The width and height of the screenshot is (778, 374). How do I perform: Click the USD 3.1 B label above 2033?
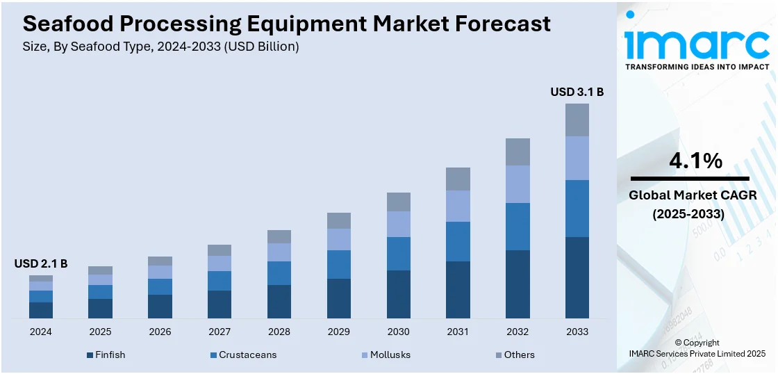[577, 92]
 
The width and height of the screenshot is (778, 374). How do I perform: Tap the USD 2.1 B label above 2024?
[41, 264]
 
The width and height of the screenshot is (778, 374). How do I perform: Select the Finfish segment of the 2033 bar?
[577, 277]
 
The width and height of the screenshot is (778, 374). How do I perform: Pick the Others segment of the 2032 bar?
[518, 152]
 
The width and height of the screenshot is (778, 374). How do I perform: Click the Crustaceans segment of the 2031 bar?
[458, 241]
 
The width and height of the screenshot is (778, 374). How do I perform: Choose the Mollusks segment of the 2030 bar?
[398, 224]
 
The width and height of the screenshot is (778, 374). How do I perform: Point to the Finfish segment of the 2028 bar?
[279, 301]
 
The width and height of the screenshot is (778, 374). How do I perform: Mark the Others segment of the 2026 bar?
[160, 261]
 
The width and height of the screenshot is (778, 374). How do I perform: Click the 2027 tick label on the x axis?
[220, 332]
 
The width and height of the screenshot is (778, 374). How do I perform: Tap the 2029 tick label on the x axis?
[339, 332]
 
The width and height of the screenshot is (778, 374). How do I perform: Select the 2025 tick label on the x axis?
[100, 332]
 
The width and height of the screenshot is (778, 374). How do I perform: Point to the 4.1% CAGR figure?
[695, 161]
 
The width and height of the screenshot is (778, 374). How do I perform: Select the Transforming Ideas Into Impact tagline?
[697, 67]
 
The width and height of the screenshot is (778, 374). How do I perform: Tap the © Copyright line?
[697, 343]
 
